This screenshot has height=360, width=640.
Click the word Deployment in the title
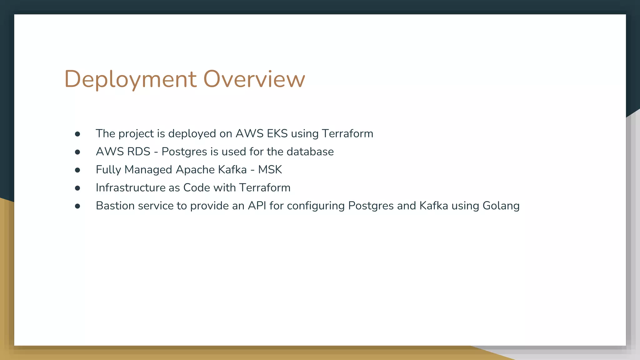click(130, 79)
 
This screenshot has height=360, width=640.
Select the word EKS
click(277, 134)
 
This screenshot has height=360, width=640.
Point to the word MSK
click(270, 170)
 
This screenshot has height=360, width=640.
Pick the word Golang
click(501, 206)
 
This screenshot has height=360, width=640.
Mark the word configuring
click(316, 206)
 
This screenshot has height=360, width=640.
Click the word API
click(257, 206)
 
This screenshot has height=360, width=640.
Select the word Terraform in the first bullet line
click(347, 134)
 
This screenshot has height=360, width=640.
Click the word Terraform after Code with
click(265, 188)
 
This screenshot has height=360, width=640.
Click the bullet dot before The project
click(77, 134)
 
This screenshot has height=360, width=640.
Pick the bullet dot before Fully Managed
click(77, 170)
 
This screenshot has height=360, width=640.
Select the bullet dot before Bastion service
click(77, 206)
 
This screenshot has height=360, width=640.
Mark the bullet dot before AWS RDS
click(77, 152)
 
